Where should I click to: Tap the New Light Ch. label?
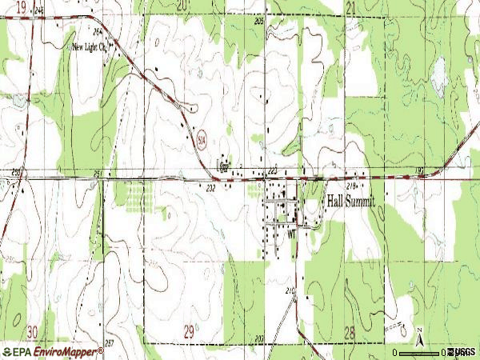[x=90, y=46]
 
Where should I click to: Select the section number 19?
[x=19, y=6]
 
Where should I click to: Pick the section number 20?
[x=182, y=6]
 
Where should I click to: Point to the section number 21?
[x=350, y=6]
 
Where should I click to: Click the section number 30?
[x=31, y=330]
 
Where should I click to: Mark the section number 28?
[x=349, y=331]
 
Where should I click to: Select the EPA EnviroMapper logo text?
[x=53, y=351]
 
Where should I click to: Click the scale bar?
[x=420, y=352]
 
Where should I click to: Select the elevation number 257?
[x=109, y=342]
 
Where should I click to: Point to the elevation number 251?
[x=98, y=173]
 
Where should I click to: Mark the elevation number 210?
[x=290, y=289]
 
